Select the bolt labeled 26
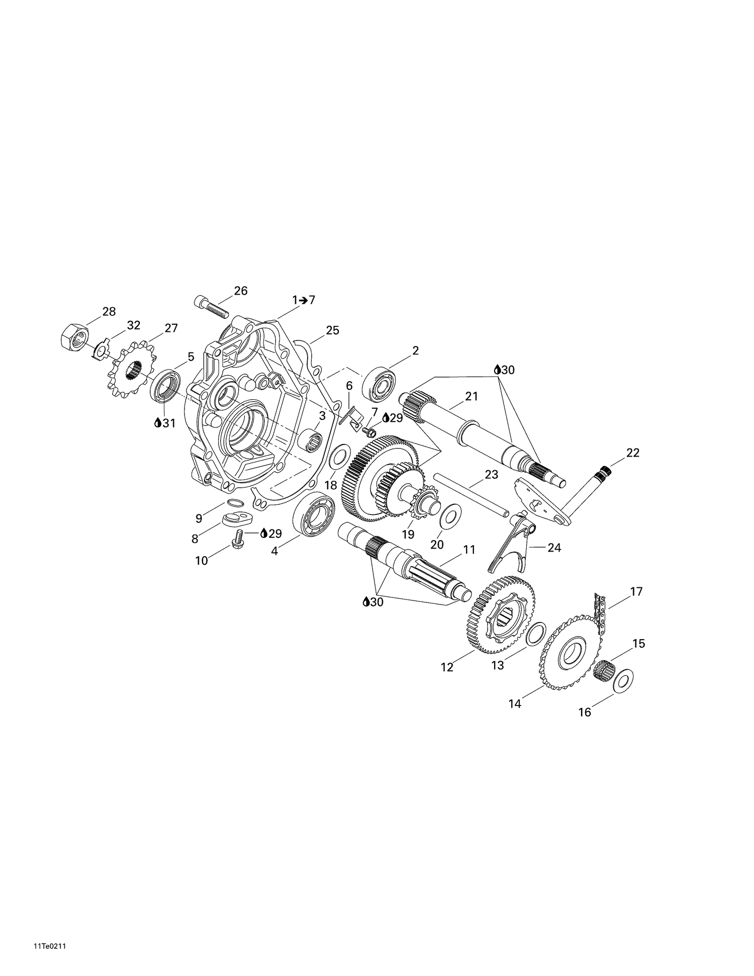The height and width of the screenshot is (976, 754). point(211,307)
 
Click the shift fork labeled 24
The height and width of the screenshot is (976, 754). point(512,545)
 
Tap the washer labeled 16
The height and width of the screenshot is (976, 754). point(624,680)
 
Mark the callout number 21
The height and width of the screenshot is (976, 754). point(471,397)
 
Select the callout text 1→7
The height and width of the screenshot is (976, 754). point(304,300)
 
